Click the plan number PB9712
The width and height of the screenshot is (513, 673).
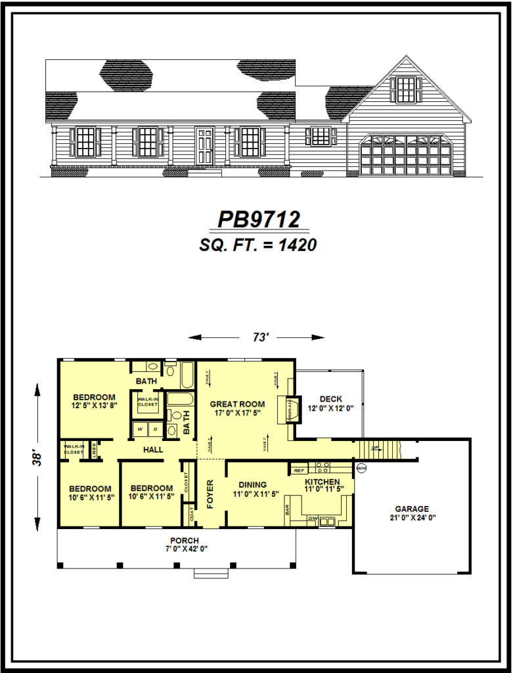pos(258,219)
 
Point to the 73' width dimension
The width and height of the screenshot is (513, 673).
pos(260,337)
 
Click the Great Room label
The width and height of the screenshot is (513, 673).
pos(237,404)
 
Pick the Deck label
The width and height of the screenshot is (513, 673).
pos(330,399)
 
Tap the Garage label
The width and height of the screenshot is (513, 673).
pos(412,509)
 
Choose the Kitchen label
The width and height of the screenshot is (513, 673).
pos(322,482)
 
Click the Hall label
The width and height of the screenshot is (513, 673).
pos(154,450)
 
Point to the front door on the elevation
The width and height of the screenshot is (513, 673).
pos(204,147)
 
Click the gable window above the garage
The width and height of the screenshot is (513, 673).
pos(405,89)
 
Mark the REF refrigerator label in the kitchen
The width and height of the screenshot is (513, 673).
pos(298,471)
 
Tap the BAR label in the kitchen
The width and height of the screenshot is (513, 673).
pos(288,509)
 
